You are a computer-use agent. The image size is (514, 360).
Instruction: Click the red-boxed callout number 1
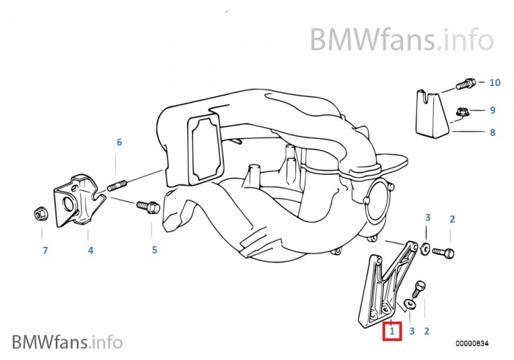392,331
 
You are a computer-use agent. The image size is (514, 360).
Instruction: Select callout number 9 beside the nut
493,110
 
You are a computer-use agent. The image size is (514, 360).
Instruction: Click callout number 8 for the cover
493,132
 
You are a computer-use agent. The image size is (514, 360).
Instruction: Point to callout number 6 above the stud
119,143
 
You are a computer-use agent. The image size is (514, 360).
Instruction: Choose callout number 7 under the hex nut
44,251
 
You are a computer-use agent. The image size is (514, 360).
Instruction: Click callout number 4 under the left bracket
90,251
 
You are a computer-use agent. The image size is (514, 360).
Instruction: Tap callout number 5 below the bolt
154,250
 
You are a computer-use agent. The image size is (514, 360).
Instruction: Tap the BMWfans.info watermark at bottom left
67,342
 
